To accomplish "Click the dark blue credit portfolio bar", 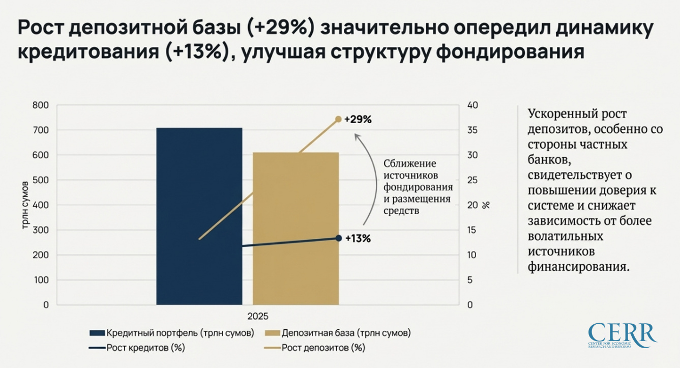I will point(199,216).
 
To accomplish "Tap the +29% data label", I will point(358,120).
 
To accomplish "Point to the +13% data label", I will point(358,238).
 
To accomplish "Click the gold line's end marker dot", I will point(338,119).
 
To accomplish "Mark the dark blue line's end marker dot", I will point(338,238).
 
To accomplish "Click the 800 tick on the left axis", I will point(40,105).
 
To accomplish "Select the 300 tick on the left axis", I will point(40,230).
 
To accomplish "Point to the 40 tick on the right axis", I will point(472,105).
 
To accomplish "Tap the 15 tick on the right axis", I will point(472,230).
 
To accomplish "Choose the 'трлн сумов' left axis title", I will point(26,205).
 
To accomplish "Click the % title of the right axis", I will point(486,205).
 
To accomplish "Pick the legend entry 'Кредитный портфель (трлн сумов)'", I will point(171,333).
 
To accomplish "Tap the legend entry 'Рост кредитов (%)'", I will point(137,349).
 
